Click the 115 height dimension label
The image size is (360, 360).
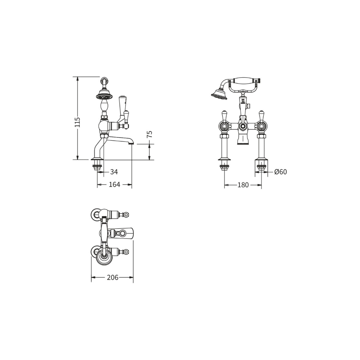[x=77, y=122]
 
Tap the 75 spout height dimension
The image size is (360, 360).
[x=149, y=134]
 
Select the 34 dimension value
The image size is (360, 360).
[x=114, y=172]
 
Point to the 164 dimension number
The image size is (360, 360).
[x=114, y=184]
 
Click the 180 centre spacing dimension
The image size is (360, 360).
[x=243, y=185]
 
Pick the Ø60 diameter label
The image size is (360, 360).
[x=280, y=172]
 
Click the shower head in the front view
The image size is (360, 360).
[x=219, y=94]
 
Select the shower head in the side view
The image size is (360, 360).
[x=104, y=96]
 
